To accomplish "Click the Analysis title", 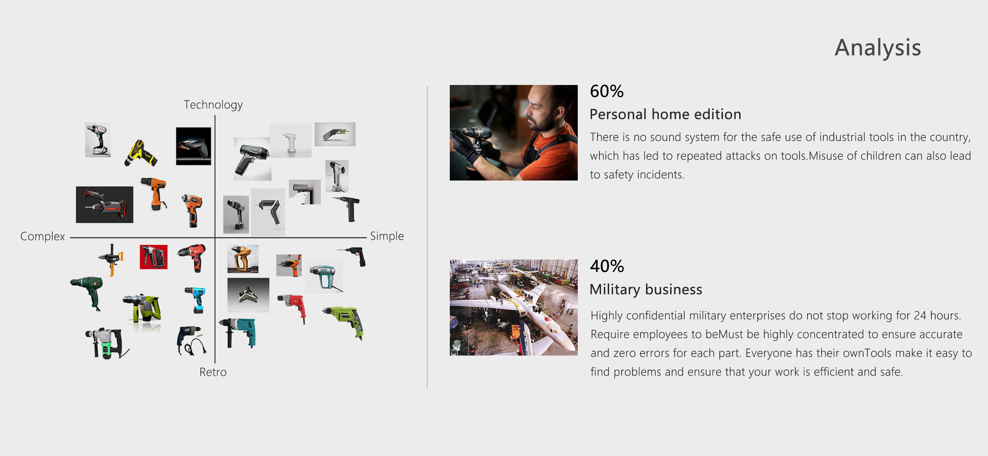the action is tap(878, 48).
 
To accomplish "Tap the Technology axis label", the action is tap(213, 105).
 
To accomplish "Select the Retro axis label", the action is tap(213, 372).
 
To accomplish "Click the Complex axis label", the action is tap(42, 236).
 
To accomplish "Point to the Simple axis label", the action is tap(387, 236).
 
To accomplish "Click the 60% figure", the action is tap(607, 91).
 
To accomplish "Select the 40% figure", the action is tap(607, 266).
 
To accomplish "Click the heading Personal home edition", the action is tap(665, 114).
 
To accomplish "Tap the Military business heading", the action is tap(645, 289).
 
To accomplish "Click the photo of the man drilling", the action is tap(513, 133).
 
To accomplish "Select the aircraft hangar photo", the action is tap(513, 307).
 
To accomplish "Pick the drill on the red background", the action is tap(153, 256).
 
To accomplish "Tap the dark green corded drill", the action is tap(88, 292).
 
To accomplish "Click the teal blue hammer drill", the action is tap(238, 332).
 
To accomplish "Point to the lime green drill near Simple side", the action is tap(344, 321).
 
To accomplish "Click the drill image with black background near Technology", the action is tap(193, 146).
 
